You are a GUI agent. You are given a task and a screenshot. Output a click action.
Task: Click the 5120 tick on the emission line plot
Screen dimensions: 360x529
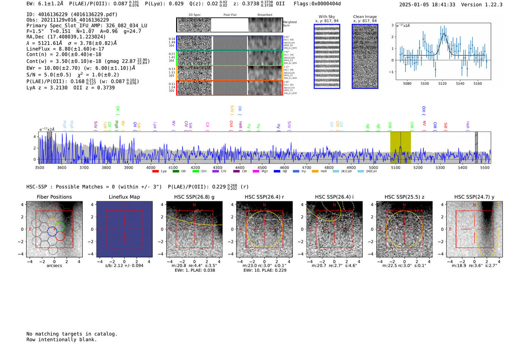pos(442,83)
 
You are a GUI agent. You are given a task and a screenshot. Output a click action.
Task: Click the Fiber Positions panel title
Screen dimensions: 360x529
pos(54,197)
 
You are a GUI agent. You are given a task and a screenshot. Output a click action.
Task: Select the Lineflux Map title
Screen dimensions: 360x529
pos(124,197)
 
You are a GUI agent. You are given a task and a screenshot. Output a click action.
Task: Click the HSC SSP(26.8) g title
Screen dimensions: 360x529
pos(194,197)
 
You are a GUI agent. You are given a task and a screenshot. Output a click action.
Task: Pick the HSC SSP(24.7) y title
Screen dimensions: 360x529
pos(474,197)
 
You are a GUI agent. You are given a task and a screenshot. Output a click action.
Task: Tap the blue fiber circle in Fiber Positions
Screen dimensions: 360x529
pos(52,231)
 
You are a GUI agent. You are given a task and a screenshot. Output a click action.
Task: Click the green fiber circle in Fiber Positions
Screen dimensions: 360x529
pos(60,227)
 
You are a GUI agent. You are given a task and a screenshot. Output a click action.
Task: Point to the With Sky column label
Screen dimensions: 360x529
pos(326,17)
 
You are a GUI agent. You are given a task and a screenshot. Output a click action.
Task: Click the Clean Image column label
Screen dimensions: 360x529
pos(365,17)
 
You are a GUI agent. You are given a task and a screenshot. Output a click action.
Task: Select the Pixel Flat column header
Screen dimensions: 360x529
pos(230,15)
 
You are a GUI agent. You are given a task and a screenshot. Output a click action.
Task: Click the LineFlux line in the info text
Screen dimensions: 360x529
pos(65,49)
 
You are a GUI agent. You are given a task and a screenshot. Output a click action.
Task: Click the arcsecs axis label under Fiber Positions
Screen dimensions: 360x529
pos(54,266)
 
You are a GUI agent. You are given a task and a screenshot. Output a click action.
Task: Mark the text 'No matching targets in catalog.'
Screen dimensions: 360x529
pos(72,334)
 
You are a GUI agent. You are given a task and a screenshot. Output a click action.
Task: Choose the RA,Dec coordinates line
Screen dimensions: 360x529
pos(66,37)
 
